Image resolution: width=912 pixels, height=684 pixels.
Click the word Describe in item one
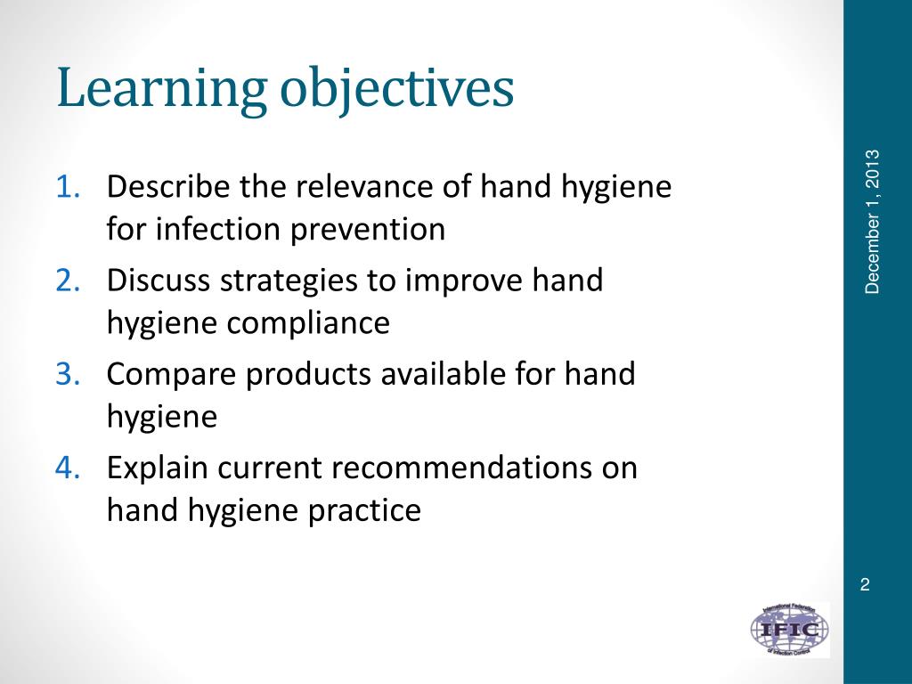(x=162, y=187)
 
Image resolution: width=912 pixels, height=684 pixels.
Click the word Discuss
(x=157, y=280)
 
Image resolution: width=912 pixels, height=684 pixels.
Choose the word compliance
(x=308, y=323)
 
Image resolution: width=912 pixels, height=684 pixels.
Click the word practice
(x=364, y=510)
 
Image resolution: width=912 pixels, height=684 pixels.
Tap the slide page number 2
(x=864, y=584)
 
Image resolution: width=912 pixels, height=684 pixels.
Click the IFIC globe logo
(x=789, y=630)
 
